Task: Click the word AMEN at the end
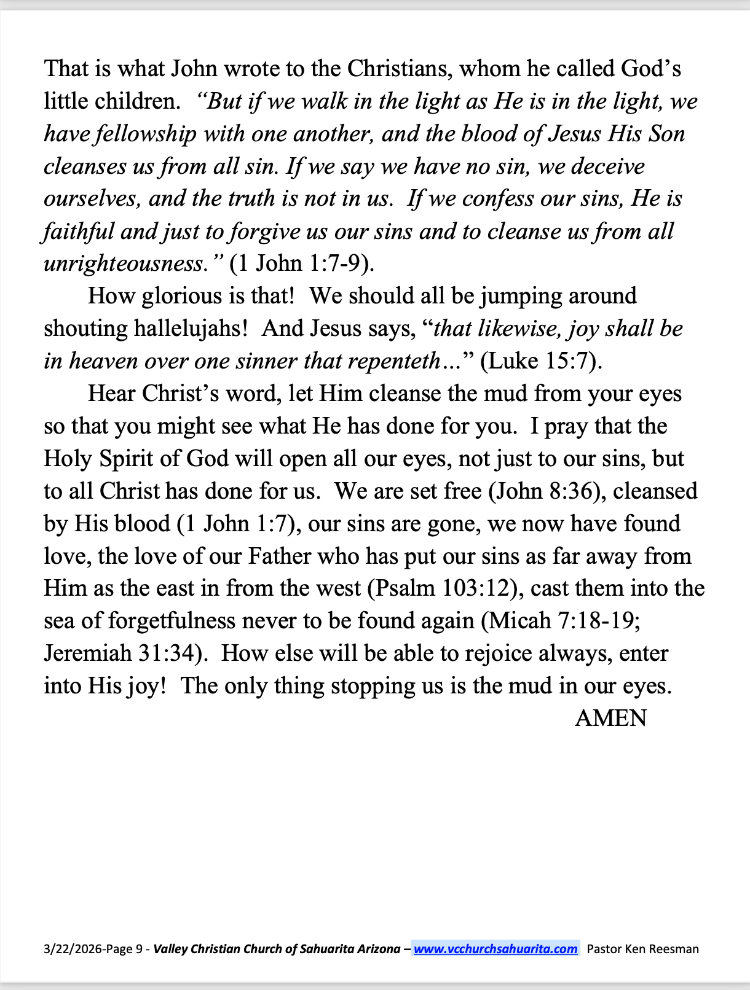[x=610, y=718]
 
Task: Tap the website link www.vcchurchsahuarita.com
[x=495, y=949]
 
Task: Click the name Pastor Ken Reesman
[x=642, y=949]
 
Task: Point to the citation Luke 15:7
[x=539, y=361]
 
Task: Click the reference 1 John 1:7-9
[x=301, y=264]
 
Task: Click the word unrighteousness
[x=124, y=264]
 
